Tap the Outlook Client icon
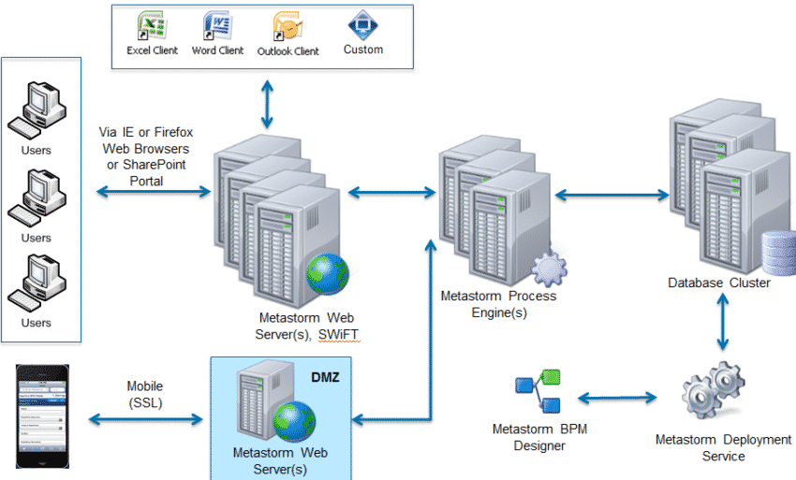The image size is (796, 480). (287, 25)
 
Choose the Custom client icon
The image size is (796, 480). (362, 24)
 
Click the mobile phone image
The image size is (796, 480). (44, 415)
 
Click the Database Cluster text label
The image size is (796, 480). (719, 283)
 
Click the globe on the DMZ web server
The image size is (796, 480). (292, 422)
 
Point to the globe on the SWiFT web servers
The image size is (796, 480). (327, 274)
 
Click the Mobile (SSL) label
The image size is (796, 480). (144, 394)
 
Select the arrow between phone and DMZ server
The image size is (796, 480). (144, 419)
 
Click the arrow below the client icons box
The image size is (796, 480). (269, 103)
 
